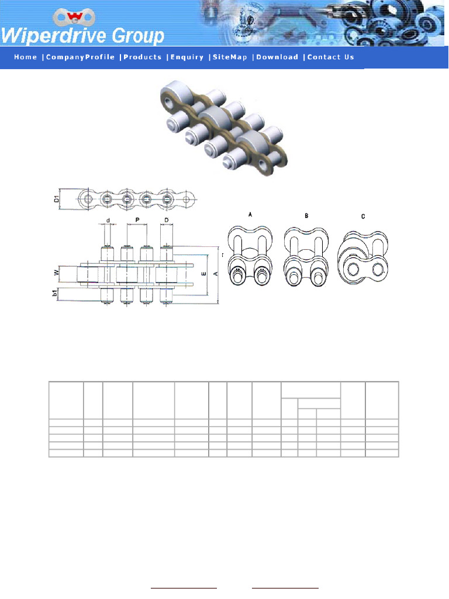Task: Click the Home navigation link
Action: [x=25, y=57]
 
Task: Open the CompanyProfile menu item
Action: [x=80, y=57]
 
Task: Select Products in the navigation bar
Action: [x=143, y=57]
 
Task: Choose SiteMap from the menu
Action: [x=230, y=57]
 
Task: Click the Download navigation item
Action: [x=277, y=57]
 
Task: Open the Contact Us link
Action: [x=331, y=57]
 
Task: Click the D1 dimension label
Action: [x=57, y=199]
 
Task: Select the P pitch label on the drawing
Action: [x=137, y=221]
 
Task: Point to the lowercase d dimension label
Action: [x=108, y=221]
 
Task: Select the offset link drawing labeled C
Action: [x=362, y=257]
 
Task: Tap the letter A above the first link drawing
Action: [x=250, y=216]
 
